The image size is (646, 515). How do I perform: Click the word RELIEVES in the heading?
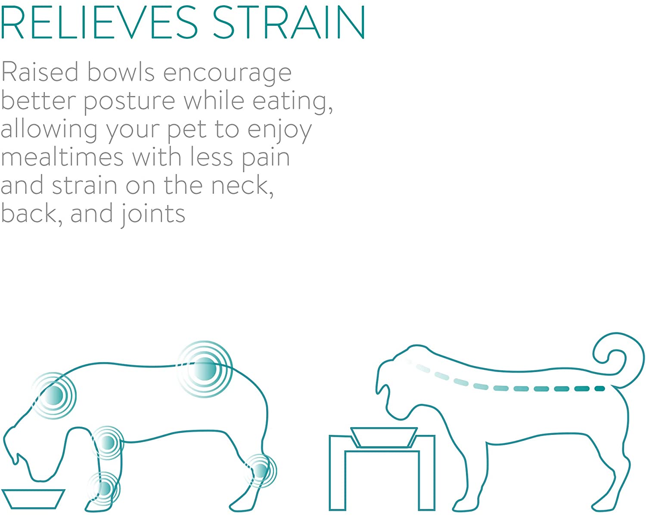pos(99,22)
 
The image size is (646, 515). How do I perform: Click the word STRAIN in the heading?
pos(289,22)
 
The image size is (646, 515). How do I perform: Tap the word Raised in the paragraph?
pos(40,71)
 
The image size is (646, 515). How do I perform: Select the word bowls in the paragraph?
pos(121,71)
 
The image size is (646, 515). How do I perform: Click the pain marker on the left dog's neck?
pos(53,395)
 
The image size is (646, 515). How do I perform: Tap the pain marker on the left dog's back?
pos(205,369)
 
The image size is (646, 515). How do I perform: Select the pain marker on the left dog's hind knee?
pos(260,471)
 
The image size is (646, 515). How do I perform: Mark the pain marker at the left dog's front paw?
pos(104,489)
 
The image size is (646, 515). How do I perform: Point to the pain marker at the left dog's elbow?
pos(107,442)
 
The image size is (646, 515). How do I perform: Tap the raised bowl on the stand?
pos(384,437)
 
